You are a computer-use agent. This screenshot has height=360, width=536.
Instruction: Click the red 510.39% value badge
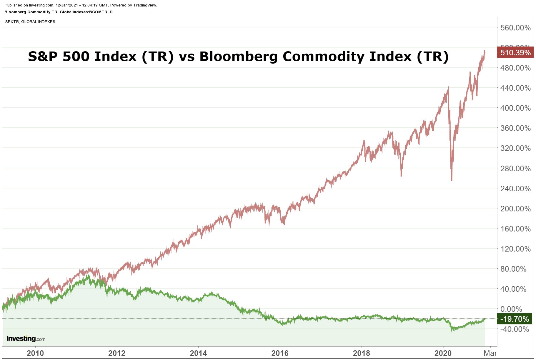click(x=515, y=52)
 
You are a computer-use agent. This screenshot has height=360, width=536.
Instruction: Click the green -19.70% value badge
click(x=515, y=319)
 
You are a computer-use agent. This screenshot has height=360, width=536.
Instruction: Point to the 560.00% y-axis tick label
click(x=515, y=28)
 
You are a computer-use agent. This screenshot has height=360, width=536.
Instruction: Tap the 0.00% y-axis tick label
click(x=511, y=309)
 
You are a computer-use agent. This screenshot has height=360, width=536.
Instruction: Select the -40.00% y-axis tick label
click(x=514, y=329)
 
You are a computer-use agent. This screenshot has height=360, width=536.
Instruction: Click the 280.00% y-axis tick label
click(x=515, y=168)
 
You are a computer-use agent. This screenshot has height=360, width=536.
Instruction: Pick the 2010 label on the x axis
click(x=35, y=353)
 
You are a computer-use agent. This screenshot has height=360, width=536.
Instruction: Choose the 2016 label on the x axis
click(x=280, y=353)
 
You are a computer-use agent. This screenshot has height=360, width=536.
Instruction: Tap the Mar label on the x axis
click(x=490, y=353)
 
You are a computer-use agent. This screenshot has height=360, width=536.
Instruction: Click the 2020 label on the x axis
click(x=443, y=353)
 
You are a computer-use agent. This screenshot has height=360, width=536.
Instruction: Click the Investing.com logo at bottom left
click(x=26, y=339)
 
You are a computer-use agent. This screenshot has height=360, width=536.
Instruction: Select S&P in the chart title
click(x=44, y=56)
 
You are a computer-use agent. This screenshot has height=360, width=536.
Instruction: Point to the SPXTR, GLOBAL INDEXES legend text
click(x=30, y=21)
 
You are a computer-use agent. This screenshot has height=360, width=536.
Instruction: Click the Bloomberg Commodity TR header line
click(x=58, y=12)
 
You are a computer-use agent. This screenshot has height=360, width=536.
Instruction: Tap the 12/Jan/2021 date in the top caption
click(x=66, y=5)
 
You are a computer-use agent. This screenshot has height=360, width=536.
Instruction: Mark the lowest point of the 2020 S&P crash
click(x=452, y=180)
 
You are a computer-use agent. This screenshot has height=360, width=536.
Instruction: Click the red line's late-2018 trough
click(x=401, y=176)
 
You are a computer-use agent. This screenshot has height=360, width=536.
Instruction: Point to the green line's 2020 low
click(x=452, y=332)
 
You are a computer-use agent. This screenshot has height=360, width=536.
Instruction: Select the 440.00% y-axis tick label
click(x=515, y=88)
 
